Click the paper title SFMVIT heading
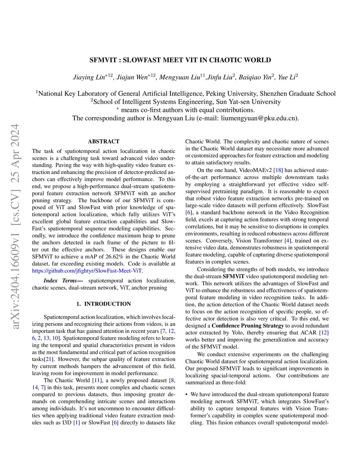(180, 60)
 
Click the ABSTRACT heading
(103, 141)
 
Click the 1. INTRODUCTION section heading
(103, 304)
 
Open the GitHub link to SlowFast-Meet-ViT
(87, 271)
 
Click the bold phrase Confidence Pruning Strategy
(247, 326)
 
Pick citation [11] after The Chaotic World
(96, 380)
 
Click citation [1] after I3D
(76, 422)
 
